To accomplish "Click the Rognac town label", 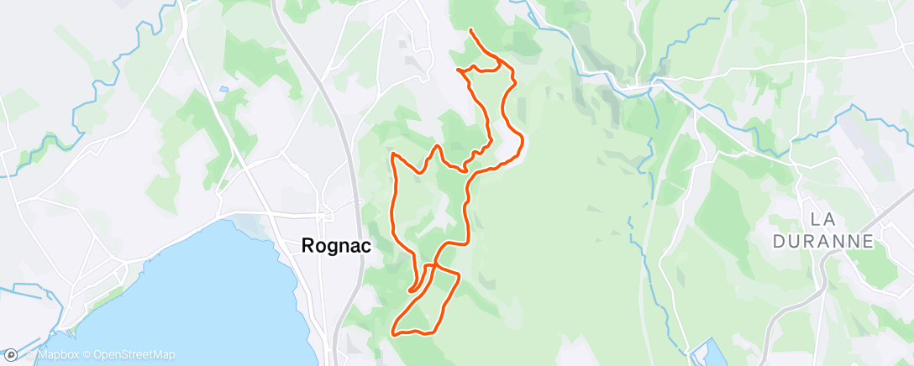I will [x=336, y=247].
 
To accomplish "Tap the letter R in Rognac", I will [x=308, y=247].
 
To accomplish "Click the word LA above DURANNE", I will [x=822, y=220].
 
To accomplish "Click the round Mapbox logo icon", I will [x=10, y=355].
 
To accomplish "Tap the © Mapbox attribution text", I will [x=51, y=355].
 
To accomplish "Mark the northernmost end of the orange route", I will [x=470, y=30].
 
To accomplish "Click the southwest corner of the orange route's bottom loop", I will [x=393, y=333].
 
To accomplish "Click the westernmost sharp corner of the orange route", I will [x=392, y=154].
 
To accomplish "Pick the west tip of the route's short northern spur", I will [x=457, y=70].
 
